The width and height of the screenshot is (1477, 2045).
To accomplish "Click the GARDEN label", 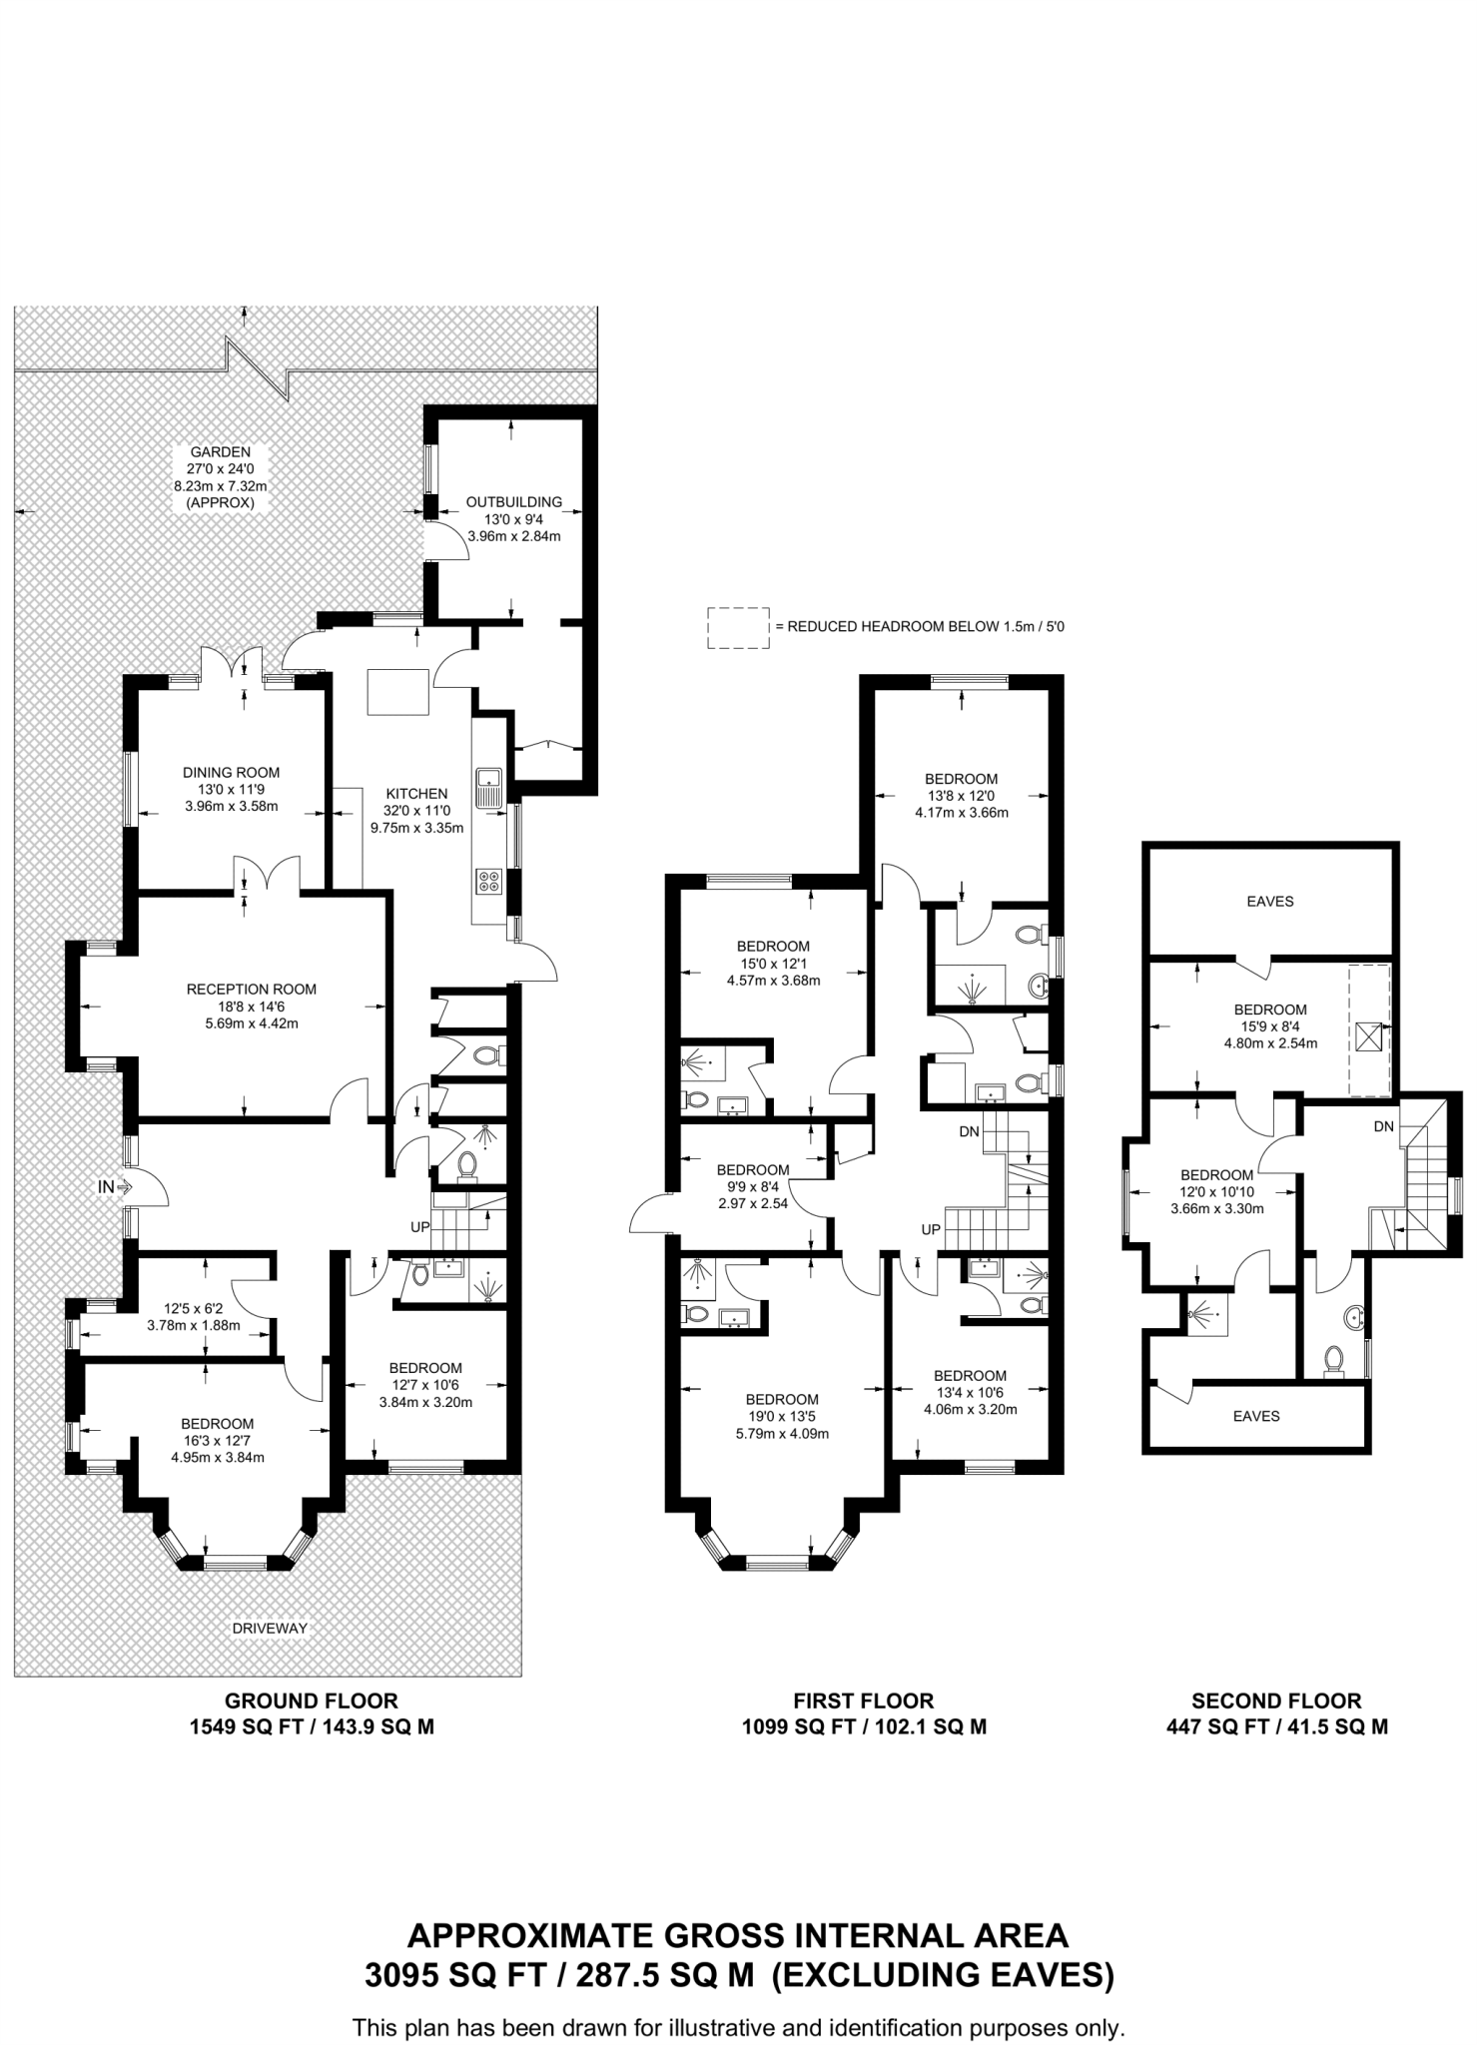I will (221, 451).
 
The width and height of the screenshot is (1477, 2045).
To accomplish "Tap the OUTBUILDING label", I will (513, 501).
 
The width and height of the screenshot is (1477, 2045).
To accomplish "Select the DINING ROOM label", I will (231, 772).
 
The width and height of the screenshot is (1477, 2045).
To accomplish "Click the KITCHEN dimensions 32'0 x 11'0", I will (416, 811).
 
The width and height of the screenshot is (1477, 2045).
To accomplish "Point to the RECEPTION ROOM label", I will (251, 989).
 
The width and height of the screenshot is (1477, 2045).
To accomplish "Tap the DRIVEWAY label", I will (270, 1628).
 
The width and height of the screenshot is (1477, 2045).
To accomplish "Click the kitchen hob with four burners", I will (489, 881).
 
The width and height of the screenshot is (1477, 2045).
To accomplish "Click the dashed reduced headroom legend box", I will (738, 627).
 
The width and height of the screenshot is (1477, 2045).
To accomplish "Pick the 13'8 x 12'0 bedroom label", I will (961, 779).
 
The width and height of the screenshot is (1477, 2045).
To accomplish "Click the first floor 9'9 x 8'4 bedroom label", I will (752, 1169).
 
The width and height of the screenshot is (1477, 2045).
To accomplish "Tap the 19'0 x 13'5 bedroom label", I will (781, 1399).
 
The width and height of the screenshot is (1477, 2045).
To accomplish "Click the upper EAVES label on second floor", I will (1269, 901).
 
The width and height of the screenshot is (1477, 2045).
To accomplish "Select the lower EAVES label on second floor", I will (1255, 1415).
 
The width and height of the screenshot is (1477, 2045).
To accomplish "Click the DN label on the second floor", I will (1383, 1126).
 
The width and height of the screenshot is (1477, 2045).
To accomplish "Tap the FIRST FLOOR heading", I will (863, 1701).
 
